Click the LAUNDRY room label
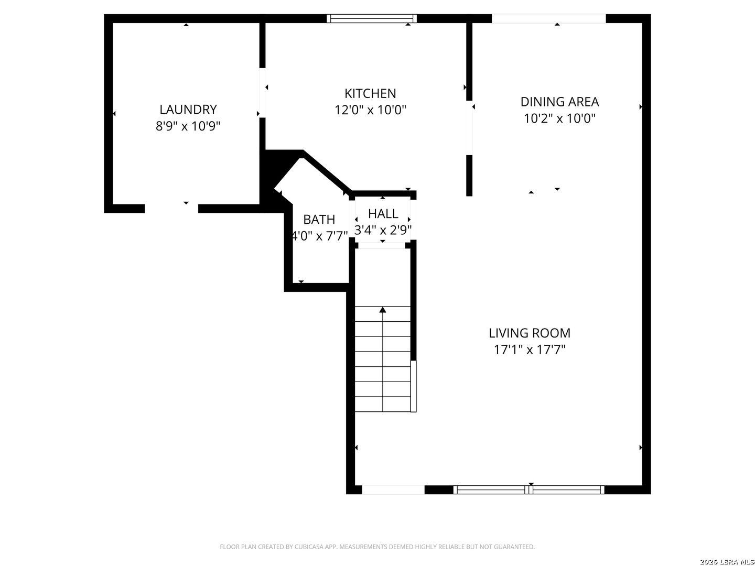[188, 110]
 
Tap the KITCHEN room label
[370, 93]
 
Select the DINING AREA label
[559, 102]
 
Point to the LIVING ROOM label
[530, 333]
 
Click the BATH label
[319, 219]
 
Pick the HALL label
[383, 214]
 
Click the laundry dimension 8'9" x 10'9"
[188, 126]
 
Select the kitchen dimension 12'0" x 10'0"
[370, 110]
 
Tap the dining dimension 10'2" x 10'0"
[559, 118]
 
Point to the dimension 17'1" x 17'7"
[530, 350]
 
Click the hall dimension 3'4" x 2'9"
[383, 230]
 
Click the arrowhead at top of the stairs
[383, 310]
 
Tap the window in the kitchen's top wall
[372, 18]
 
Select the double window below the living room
[528, 489]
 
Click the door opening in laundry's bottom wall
[171, 208]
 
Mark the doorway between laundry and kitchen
[263, 93]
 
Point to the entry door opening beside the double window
[393, 489]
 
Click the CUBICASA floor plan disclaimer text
[377, 547]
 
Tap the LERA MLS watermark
[727, 561]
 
